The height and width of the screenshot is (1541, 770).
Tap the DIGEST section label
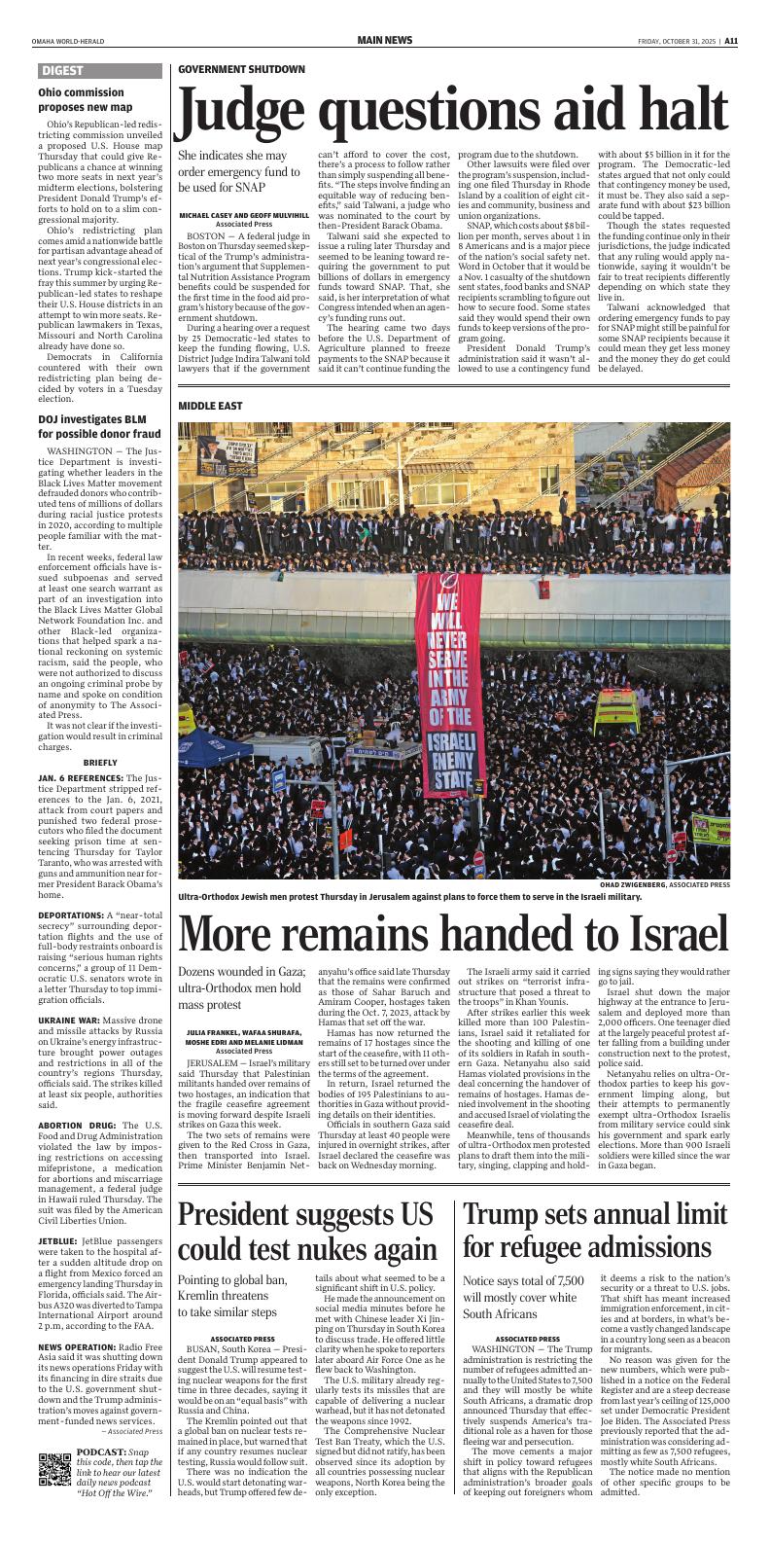[x=62, y=71]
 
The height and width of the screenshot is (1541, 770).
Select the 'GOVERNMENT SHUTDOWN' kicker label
[x=241, y=70]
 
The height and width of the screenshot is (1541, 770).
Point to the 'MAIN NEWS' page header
[x=384, y=40]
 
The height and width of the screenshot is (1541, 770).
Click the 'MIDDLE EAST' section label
[x=210, y=405]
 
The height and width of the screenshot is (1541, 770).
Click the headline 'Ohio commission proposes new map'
[x=86, y=99]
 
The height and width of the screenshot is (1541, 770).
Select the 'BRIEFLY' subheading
[x=100, y=762]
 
